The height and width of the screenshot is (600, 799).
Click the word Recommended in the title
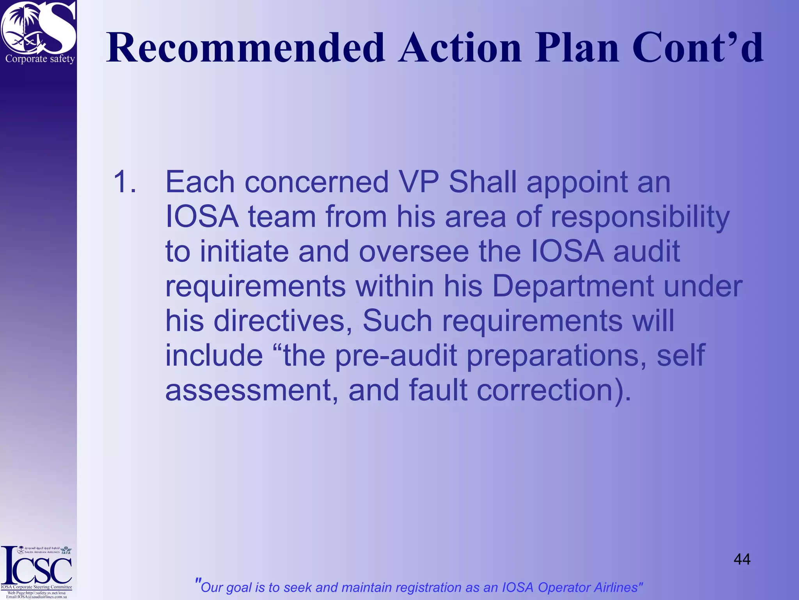click(245, 48)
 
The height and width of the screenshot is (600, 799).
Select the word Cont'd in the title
click(697, 48)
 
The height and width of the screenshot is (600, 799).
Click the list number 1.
click(124, 182)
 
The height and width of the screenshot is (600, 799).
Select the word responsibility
click(640, 217)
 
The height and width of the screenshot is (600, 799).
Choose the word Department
click(573, 286)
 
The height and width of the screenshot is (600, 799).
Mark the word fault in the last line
click(438, 390)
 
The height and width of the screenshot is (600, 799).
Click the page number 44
click(742, 559)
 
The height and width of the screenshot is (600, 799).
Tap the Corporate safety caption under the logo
click(40, 59)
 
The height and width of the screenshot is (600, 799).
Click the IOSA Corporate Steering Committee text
click(36, 587)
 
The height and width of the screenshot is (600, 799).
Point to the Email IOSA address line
click(36, 597)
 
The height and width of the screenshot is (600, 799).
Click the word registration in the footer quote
click(411, 587)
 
